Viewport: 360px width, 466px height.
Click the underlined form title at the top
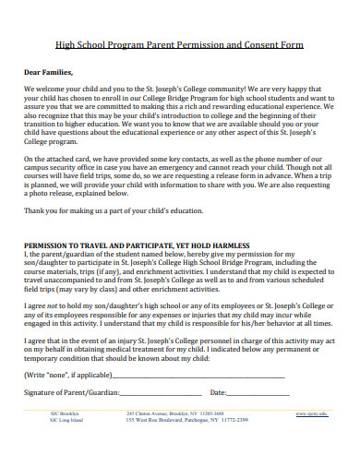tap(179, 44)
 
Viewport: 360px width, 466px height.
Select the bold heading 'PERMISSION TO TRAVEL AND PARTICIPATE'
tap(102, 246)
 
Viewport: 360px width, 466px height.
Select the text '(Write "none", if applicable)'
tap(65, 376)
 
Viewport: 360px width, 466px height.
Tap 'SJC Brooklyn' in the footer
tap(65, 413)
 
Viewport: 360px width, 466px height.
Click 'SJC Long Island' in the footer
tap(67, 420)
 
